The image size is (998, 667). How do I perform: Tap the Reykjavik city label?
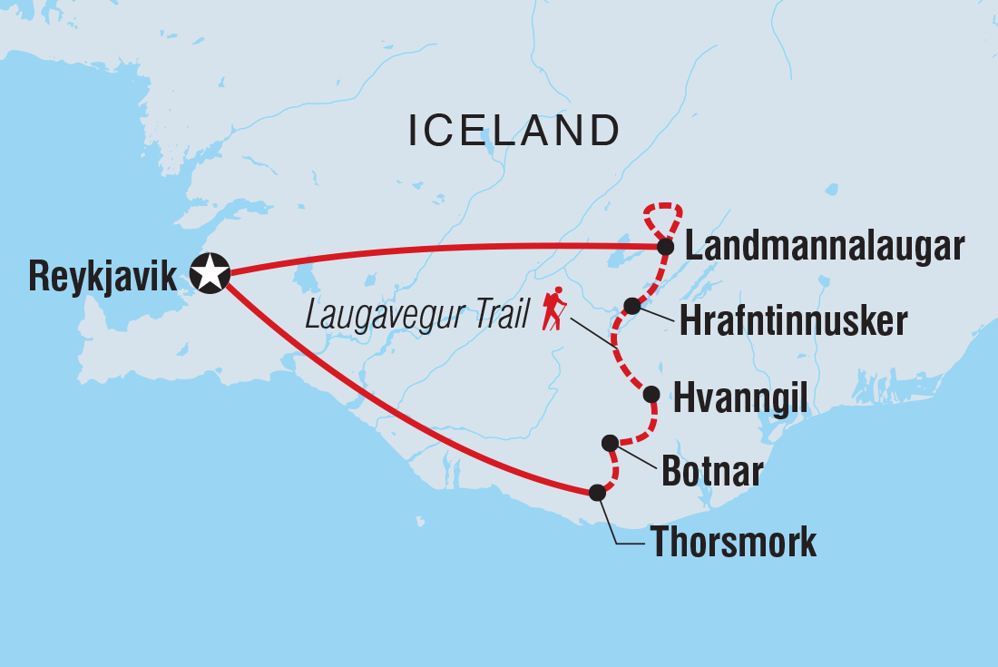tap(103, 275)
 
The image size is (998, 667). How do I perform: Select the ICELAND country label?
tap(514, 132)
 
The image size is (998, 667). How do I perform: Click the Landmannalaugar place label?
tap(824, 246)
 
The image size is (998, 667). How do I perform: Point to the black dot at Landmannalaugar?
tap(665, 247)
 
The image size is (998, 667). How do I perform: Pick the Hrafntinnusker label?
tap(792, 321)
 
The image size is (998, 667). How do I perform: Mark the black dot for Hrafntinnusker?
tap(632, 306)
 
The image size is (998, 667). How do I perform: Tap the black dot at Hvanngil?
tap(651, 394)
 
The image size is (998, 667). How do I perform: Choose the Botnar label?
tap(712, 471)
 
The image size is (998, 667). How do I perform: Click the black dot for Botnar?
tap(610, 443)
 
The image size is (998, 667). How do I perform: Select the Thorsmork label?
tap(732, 543)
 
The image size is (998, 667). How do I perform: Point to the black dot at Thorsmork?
tap(596, 493)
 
